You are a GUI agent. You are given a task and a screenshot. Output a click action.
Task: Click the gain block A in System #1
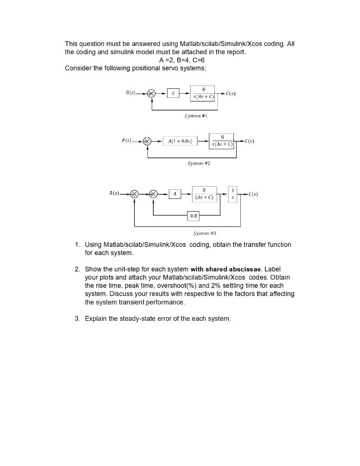click(172, 93)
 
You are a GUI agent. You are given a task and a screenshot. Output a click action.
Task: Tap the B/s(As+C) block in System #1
click(202, 93)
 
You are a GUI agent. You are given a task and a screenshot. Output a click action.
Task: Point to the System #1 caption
click(196, 116)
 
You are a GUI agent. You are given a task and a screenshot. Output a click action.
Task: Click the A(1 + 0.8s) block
click(180, 142)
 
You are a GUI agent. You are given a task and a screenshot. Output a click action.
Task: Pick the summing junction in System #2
click(147, 142)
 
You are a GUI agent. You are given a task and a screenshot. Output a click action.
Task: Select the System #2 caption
click(199, 163)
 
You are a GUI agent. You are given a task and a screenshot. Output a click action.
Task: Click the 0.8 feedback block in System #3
click(193, 216)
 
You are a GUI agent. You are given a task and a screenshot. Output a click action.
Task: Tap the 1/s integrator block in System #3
click(233, 194)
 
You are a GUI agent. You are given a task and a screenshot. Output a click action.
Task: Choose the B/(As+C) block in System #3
click(204, 194)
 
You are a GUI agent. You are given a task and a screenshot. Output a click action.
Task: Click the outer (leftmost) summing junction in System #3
click(134, 194)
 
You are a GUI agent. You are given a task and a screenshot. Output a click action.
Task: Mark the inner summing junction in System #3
click(153, 194)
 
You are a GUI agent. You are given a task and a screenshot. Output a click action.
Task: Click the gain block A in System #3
click(175, 194)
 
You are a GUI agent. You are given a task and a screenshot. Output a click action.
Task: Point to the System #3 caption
click(204, 233)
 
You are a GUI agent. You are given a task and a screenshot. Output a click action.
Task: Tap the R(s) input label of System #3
click(114, 193)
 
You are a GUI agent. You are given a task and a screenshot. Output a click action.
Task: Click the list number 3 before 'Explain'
click(77, 319)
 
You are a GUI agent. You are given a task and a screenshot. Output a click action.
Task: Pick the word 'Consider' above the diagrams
click(78, 68)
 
